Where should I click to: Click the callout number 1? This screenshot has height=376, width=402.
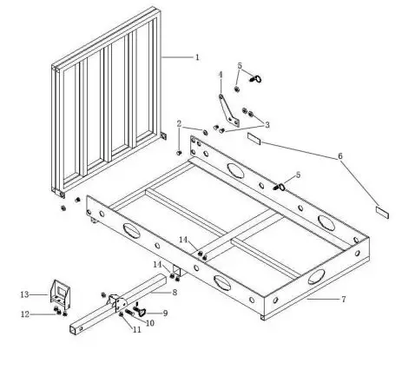click(197, 57)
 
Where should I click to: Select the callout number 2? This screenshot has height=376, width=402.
click(180, 123)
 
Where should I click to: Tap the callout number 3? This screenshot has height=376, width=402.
click(267, 125)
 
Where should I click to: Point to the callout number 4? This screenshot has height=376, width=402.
click(221, 75)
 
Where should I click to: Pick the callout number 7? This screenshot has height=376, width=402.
click(344, 300)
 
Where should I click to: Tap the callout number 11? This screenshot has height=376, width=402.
click(136, 330)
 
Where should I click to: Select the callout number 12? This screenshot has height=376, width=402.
click(25, 313)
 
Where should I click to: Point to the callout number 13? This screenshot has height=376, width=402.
click(25, 294)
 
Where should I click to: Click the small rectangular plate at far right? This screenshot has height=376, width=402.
click(381, 210)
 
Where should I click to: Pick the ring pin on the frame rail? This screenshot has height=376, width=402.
click(280, 186)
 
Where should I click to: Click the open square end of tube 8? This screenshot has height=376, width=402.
click(69, 331)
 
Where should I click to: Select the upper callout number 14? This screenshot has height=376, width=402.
click(183, 239)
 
